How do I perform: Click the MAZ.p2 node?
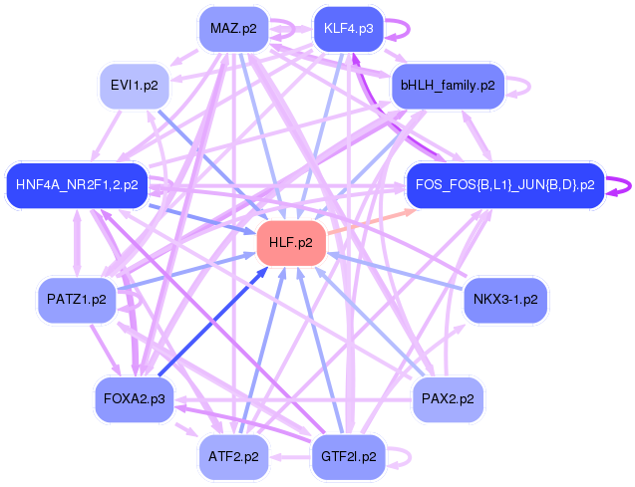tap(233, 29)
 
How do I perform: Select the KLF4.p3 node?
tap(348, 29)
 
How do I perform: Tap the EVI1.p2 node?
tap(134, 86)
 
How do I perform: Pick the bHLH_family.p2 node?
tap(448, 86)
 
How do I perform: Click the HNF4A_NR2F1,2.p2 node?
tap(77, 185)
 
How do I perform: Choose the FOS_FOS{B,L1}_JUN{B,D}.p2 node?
tap(505, 185)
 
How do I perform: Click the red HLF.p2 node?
tap(291, 243)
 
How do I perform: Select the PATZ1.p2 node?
tap(77, 300)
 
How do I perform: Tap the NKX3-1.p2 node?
tap(505, 300)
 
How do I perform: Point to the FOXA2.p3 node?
tap(134, 399)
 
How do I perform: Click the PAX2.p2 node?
tap(448, 399)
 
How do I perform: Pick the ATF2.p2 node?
tap(233, 457)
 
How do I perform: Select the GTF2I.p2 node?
tap(348, 457)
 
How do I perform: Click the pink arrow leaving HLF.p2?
tap(372, 221)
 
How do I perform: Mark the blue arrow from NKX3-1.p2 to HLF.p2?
tap(395, 271)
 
